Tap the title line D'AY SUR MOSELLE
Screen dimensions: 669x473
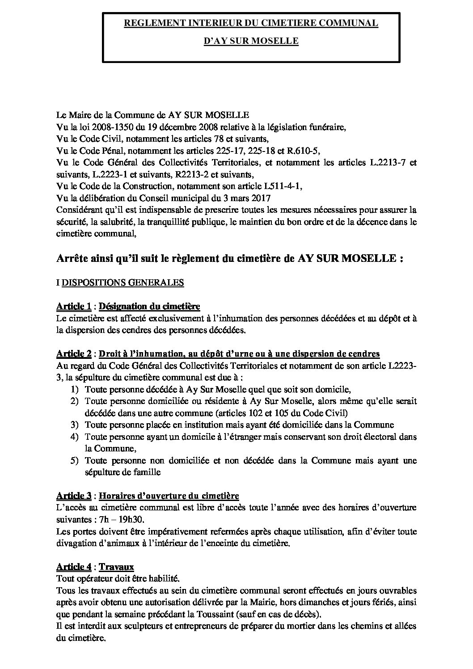(x=251, y=41)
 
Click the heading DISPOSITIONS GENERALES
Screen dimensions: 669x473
(x=122, y=282)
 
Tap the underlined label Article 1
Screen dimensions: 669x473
(x=74, y=306)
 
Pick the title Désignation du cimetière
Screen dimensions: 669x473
(x=149, y=306)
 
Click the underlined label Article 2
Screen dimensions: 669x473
(x=74, y=353)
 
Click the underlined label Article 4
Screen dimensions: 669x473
(x=74, y=567)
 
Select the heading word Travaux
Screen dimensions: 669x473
(x=116, y=567)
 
